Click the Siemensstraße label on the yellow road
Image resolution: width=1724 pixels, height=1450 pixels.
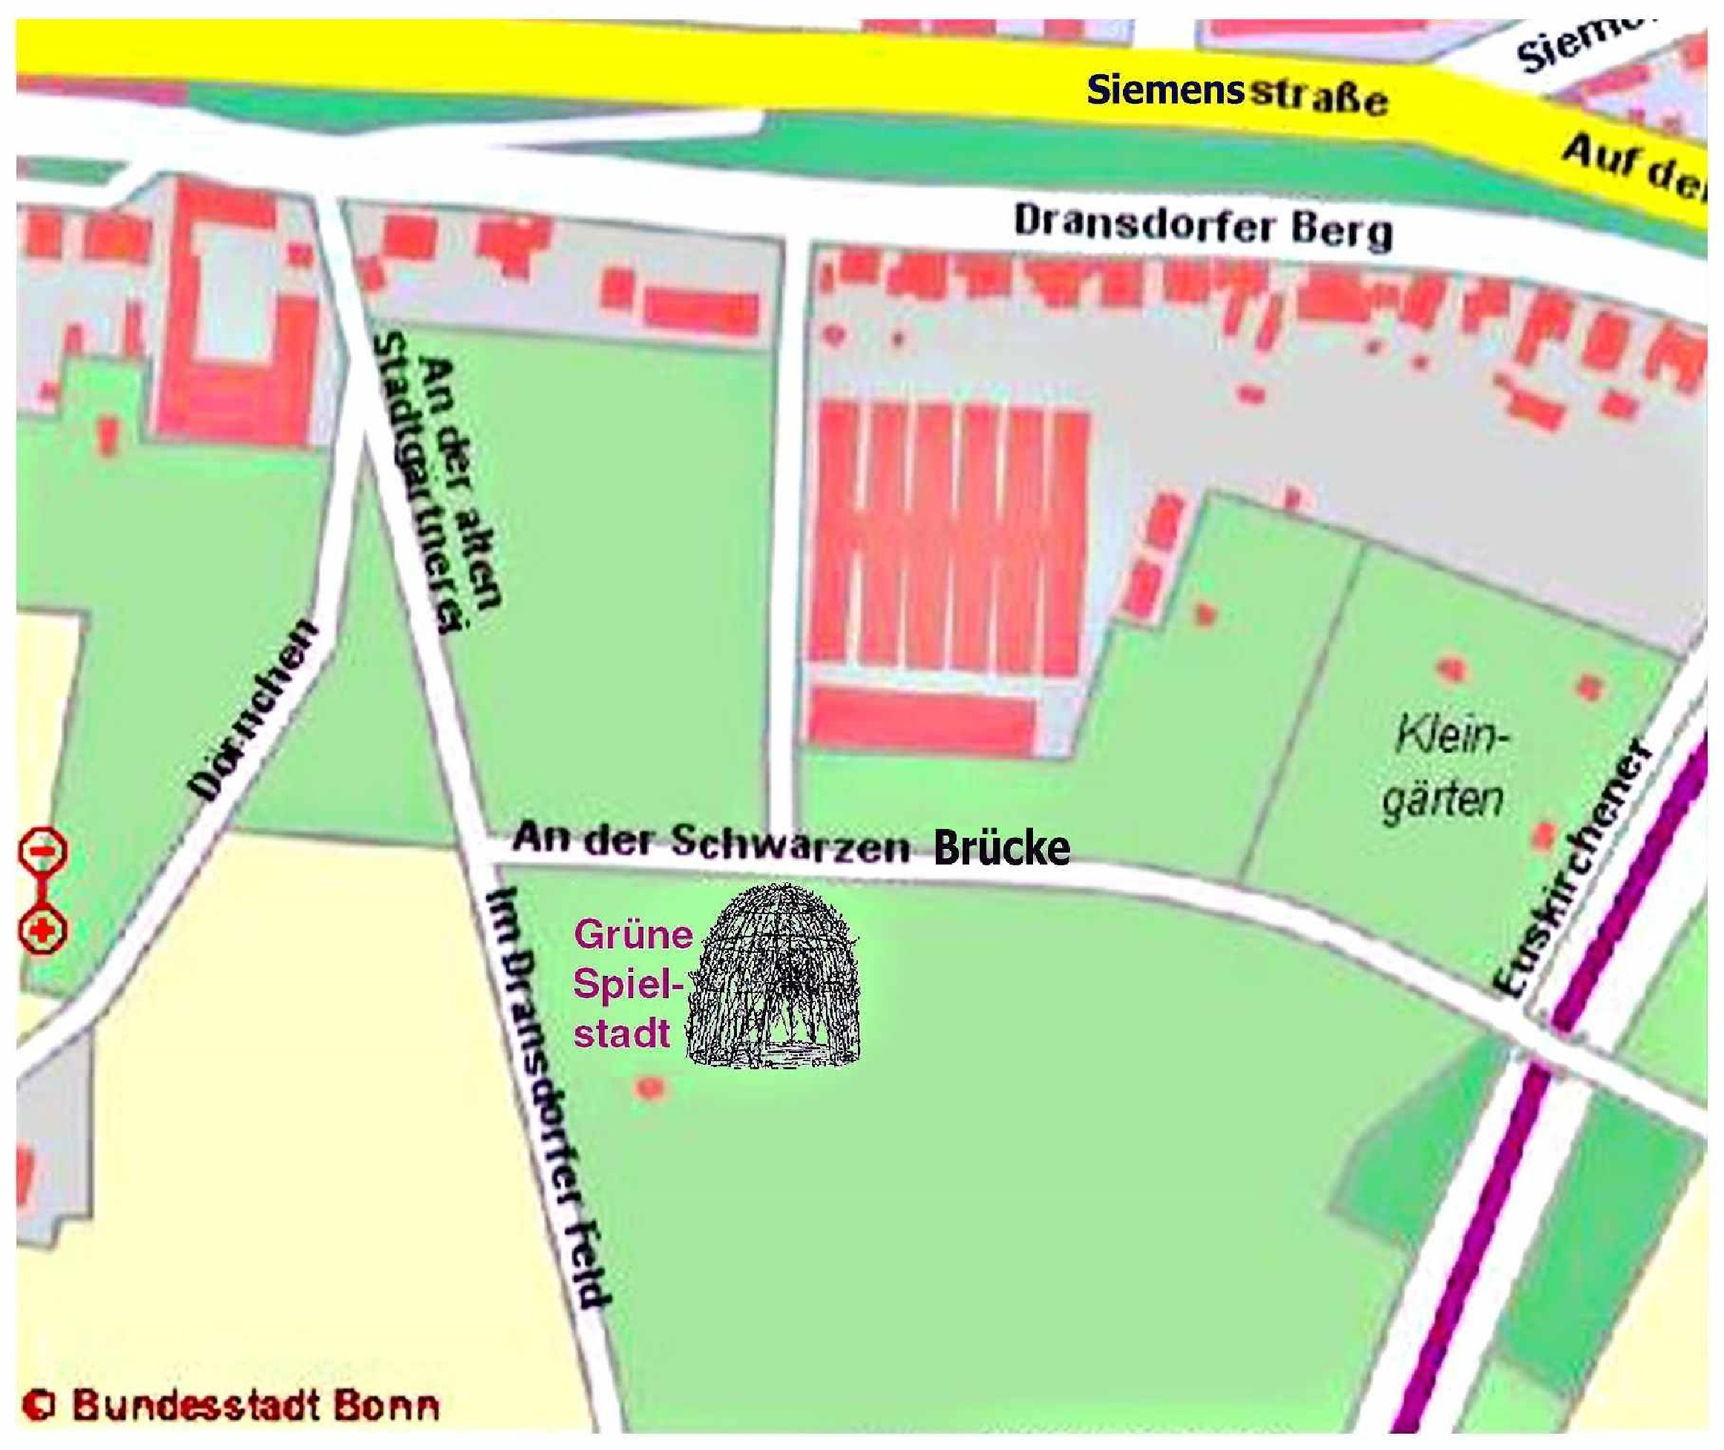click(1236, 94)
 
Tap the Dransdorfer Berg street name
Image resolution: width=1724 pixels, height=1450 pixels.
click(1204, 226)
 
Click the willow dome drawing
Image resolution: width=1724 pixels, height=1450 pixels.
click(775, 977)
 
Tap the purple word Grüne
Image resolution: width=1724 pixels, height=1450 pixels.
click(633, 934)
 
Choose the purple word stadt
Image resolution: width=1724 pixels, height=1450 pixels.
click(621, 1033)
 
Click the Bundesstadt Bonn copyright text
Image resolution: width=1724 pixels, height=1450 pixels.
click(232, 1405)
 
